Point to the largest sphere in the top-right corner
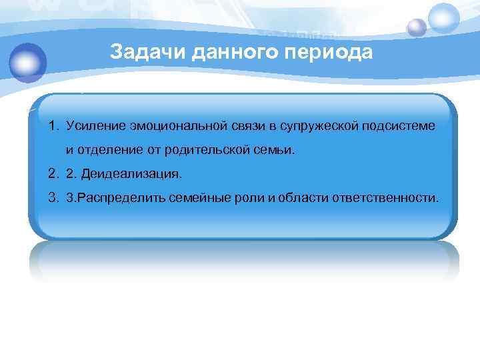[x=444, y=18]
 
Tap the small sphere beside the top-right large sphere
[x=417, y=28]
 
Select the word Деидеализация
[x=131, y=174]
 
